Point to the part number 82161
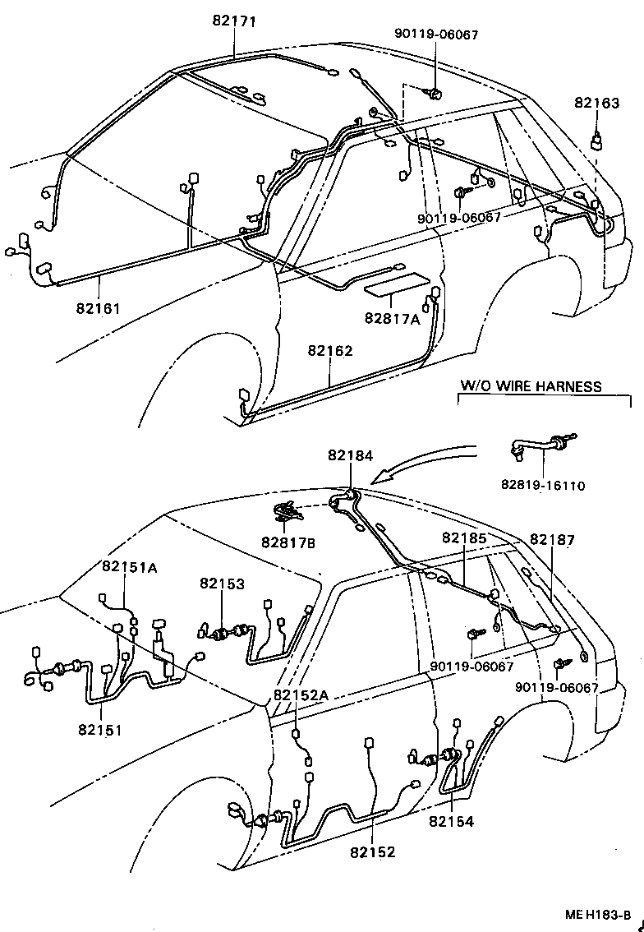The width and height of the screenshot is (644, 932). point(99,309)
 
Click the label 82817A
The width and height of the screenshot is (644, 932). point(393,319)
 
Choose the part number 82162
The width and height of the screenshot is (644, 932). point(330,351)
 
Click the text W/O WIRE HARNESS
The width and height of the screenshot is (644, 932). point(531,385)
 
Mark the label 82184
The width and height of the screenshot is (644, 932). point(350,454)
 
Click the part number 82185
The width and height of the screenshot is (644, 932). point(464,538)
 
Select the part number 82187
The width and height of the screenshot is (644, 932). point(552,540)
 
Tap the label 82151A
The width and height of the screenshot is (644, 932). point(130,566)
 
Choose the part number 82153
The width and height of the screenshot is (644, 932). point(222,583)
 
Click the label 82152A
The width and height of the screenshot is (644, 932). point(301,695)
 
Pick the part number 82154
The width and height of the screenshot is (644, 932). point(451,820)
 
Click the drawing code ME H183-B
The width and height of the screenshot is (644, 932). point(597,915)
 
